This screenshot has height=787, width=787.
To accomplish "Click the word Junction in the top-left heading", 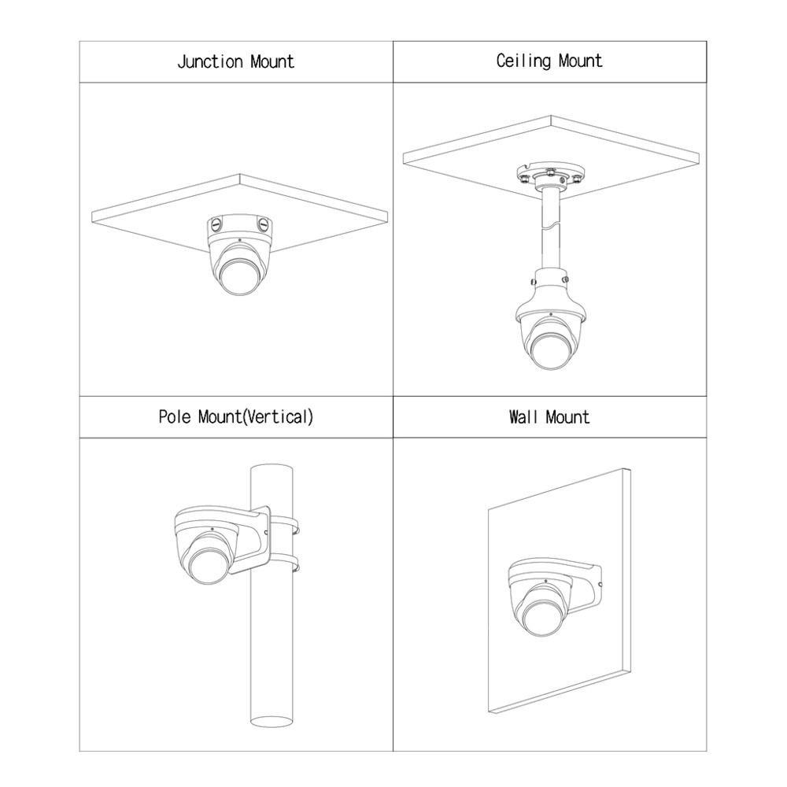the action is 210,62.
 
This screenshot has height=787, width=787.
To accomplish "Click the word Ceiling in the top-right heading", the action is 523,61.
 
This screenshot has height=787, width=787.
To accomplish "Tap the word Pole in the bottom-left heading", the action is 175,416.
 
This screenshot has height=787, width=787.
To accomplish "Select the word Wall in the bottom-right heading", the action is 523,417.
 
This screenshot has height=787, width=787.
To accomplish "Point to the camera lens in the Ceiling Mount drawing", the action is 550,351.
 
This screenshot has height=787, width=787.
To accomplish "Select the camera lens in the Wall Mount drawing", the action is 542,619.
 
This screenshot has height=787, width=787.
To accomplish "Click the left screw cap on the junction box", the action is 216,224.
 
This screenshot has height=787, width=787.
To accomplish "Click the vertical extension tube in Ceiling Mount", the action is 550,231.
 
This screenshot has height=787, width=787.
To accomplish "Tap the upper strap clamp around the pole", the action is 284,524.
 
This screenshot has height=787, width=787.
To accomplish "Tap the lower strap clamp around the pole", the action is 284,563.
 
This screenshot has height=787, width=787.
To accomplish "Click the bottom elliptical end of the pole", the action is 272,720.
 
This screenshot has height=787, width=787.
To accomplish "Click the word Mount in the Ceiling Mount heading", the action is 580,61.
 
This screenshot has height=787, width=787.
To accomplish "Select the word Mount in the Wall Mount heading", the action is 567,417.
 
